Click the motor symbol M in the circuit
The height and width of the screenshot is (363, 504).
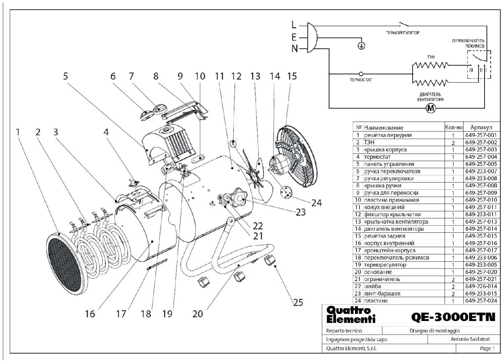tap(431, 108)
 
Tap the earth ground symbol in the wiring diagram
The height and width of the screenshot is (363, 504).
tap(361, 46)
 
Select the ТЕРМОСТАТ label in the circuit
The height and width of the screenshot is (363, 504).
tap(361, 80)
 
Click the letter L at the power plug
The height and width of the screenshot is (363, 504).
tap(294, 25)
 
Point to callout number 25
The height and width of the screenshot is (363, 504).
tap(298, 303)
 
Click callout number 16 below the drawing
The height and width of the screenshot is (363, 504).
tap(90, 314)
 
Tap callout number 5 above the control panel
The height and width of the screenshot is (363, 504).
tap(66, 76)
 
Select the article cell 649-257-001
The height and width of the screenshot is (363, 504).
tap(481, 135)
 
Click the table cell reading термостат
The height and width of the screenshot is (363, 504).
tap(377, 157)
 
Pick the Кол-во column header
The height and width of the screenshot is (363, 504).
tap(454, 127)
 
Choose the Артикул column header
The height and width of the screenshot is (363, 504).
tap(481, 127)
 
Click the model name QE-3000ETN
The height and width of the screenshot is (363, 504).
tap(453, 317)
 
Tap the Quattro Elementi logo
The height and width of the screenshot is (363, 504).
tap(350, 315)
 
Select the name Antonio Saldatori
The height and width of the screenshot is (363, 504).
tap(470, 339)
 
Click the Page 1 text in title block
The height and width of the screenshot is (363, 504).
tap(487, 349)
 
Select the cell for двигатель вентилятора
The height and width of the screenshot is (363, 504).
tap(394, 229)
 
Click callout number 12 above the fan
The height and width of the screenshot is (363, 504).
tap(236, 76)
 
